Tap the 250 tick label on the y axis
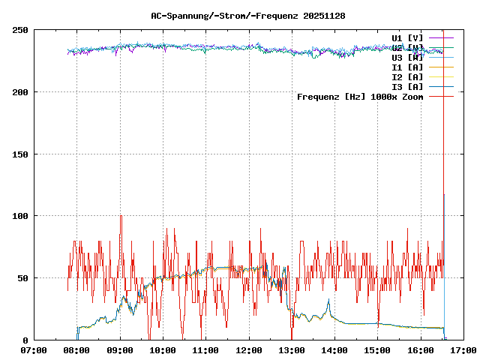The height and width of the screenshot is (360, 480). click(20, 30)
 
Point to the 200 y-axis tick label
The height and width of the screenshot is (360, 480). click(20, 92)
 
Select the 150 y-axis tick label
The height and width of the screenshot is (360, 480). click(20, 154)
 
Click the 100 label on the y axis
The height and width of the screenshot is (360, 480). click(20, 216)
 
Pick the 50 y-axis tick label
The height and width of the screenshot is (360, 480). click(22, 278)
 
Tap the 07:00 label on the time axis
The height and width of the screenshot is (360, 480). click(34, 350)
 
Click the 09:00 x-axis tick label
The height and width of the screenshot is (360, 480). click(120, 350)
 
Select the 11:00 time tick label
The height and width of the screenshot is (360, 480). click(206, 350)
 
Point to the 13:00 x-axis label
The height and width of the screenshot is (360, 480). click(292, 350)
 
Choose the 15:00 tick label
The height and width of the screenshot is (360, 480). click(377, 350)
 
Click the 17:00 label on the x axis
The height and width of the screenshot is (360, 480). click(463, 350)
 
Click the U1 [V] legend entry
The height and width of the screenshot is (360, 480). click(407, 37)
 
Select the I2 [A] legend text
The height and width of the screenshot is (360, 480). click(407, 76)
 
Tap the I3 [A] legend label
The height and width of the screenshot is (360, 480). click(407, 86)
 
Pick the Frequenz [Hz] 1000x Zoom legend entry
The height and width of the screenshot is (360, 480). click(360, 97)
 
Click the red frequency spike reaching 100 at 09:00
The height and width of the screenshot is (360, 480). click(121, 217)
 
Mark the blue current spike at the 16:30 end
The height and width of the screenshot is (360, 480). click(444, 196)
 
